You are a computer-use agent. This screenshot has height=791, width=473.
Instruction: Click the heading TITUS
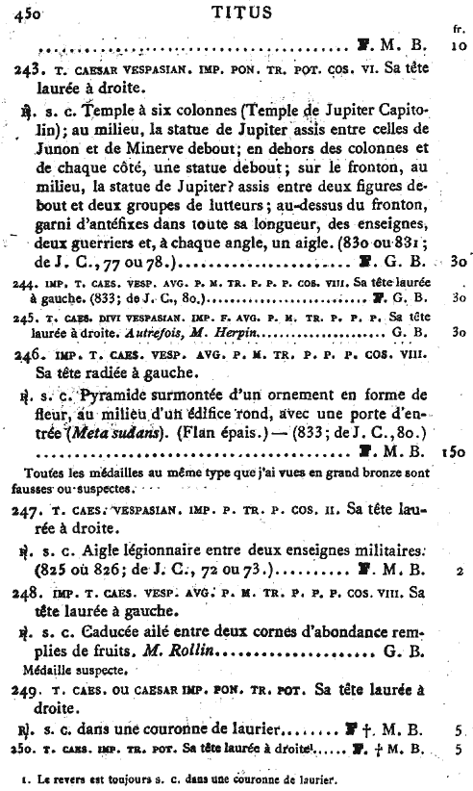coord(236,13)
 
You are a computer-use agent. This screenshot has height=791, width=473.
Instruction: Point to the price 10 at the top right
coord(457,44)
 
